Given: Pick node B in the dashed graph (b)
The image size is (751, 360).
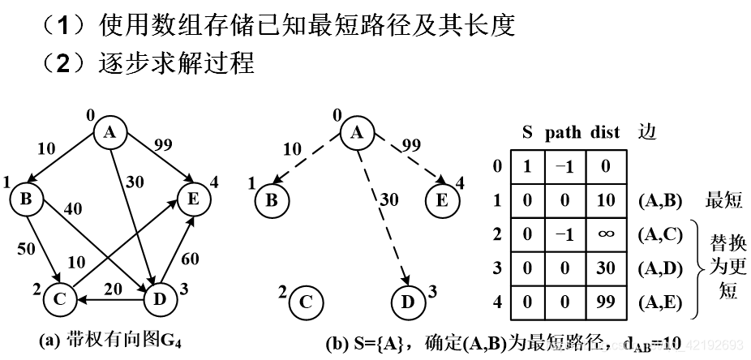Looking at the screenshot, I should click(x=273, y=199).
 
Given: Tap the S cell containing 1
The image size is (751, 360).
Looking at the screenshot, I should click(x=526, y=165).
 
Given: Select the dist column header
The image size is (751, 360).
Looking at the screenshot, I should click(x=603, y=132).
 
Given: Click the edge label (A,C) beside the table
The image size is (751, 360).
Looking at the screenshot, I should click(x=659, y=234).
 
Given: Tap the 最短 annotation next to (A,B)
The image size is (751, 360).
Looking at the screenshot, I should click(x=724, y=199).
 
